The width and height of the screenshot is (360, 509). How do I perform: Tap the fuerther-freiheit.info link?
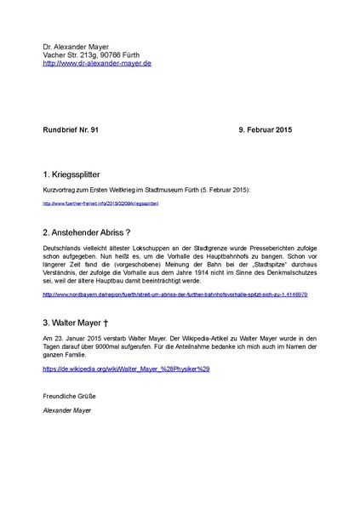[100, 204]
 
